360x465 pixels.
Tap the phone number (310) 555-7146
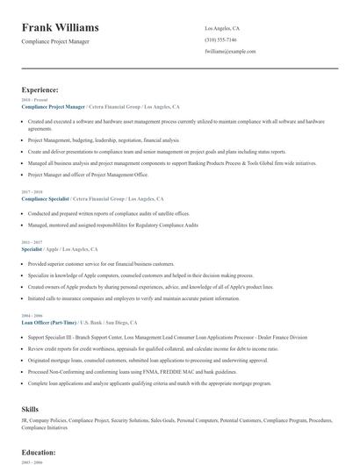[x=220, y=40]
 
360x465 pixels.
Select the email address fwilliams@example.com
[x=229, y=52]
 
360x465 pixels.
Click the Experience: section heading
[x=40, y=89]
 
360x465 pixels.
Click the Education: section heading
[x=40, y=451]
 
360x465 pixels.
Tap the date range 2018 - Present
[x=31, y=100]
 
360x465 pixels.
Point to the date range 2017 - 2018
[x=31, y=192]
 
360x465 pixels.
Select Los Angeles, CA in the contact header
[x=221, y=29]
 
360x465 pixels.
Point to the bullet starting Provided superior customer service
[x=101, y=263]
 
